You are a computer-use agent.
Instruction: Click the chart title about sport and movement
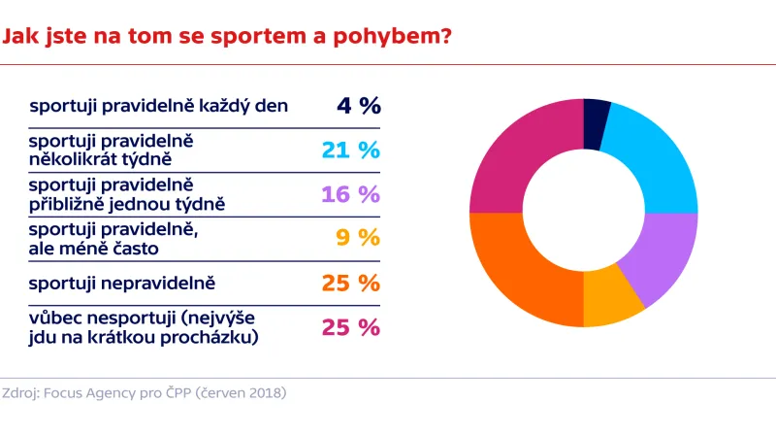227,37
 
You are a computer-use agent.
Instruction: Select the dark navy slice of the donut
596,123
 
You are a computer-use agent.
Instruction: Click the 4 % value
358,106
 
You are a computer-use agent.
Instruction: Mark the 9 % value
357,239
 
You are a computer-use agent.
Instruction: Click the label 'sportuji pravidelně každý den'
159,106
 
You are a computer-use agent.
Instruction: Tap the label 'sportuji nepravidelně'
121,283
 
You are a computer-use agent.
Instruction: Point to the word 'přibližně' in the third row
69,204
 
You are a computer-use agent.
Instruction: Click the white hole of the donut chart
583,213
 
